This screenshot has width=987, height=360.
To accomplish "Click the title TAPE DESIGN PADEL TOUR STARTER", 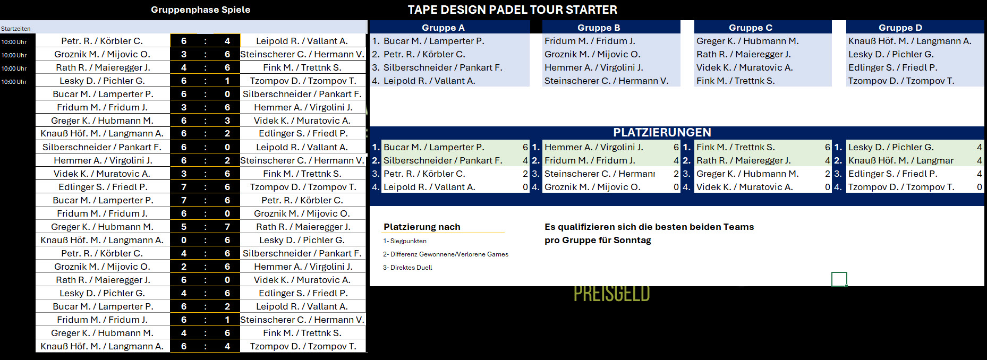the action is click(512, 10).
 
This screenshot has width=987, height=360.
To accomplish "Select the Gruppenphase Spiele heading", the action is click(200, 10).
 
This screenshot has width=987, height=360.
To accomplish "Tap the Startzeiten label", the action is click(15, 29).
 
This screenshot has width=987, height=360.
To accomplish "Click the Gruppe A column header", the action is click(443, 28).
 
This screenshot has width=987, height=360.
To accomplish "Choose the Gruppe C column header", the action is click(751, 28).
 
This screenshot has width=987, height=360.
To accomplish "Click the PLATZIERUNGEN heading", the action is click(662, 132).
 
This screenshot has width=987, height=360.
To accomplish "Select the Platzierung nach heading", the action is click(422, 227).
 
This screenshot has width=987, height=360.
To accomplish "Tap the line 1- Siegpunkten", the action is click(405, 241).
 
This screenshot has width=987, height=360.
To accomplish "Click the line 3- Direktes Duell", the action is click(407, 268).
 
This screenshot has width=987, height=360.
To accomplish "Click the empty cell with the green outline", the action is click(839, 279).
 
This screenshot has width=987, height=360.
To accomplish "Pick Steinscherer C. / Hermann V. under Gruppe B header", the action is click(606, 81).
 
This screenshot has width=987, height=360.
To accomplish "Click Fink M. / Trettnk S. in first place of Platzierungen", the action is click(735, 147).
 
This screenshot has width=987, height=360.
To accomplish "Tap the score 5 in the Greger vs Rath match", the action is click(184, 227).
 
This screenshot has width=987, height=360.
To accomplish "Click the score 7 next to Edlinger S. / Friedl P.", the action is click(184, 187).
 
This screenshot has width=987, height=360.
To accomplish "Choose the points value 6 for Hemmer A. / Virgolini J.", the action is click(676, 147).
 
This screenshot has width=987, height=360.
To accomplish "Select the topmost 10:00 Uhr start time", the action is click(14, 42).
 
